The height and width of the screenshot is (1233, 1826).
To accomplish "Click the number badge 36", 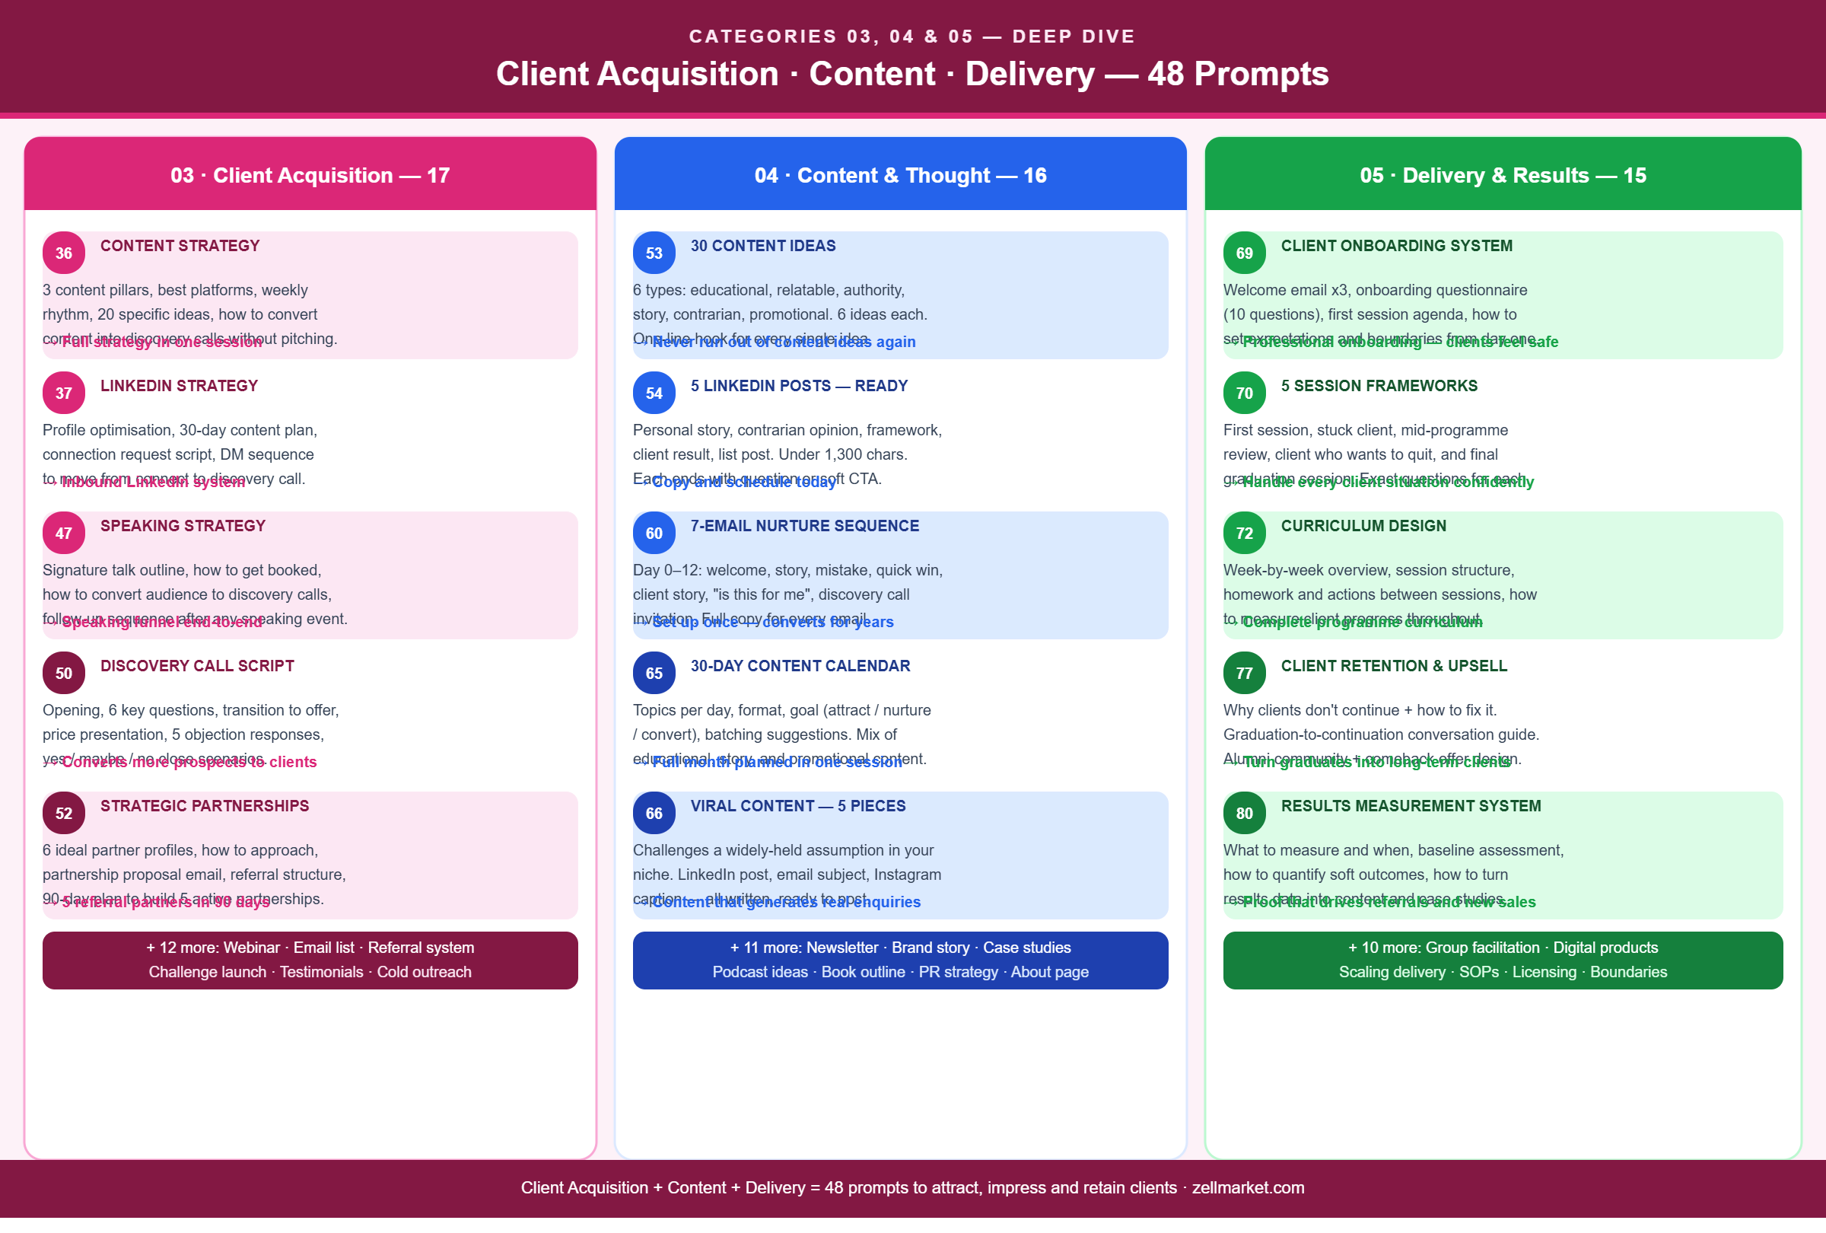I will coord(64,253).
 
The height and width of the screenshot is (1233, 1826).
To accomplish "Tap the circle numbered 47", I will coord(64,533).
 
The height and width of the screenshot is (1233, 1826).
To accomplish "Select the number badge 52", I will coord(64,814).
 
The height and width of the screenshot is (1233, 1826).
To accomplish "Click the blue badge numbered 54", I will coord(654,393).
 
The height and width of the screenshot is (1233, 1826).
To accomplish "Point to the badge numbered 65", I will coord(654,674).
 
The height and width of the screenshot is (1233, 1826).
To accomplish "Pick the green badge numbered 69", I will coord(1244,253).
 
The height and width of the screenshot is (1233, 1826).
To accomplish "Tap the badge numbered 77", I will coord(1244,674).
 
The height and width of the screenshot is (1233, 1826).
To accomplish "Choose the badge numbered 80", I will coord(1244,814).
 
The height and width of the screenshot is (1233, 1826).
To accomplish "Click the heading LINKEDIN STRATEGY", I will coord(179,386).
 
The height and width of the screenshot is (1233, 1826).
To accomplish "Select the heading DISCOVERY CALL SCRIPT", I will coord(197,666).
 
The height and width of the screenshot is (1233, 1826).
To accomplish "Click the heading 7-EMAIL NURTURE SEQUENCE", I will coord(804,526).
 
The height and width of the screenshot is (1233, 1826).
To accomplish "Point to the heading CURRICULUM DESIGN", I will coord(1363,526).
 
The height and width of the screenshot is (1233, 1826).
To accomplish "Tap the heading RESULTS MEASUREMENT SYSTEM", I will coord(1411,805).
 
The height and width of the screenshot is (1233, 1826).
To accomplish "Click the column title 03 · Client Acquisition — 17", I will coord(310,175).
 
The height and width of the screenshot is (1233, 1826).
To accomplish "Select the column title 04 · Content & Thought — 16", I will coord(900,175).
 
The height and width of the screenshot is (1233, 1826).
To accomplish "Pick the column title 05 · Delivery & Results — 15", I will coord(1503,175).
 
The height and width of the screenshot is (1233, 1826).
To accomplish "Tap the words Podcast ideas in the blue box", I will coord(760,972).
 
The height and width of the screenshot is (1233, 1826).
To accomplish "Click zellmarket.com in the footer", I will coord(1248,1187).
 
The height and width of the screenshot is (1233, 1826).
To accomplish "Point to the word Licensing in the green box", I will coord(1544,972).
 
